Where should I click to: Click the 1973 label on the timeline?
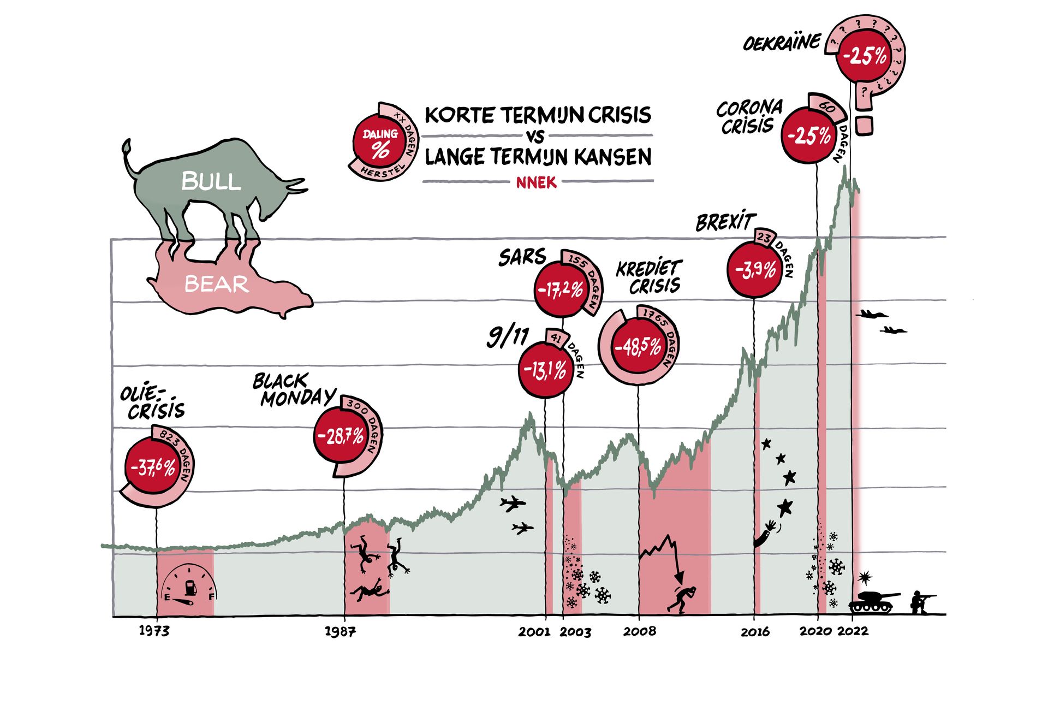point(154,631)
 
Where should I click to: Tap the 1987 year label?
point(340,632)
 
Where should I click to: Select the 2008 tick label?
point(640,631)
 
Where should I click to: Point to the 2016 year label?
point(755,632)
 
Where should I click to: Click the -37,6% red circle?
point(153,467)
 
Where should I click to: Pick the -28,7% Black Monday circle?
point(341,436)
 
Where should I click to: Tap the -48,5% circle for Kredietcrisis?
point(638,347)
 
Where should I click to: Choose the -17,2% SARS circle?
point(561,289)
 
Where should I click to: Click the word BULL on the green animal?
point(211,181)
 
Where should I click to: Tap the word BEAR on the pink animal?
point(217,284)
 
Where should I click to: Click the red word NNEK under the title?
point(537,182)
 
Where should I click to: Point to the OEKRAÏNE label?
point(782,43)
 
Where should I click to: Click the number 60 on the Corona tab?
point(827,108)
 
